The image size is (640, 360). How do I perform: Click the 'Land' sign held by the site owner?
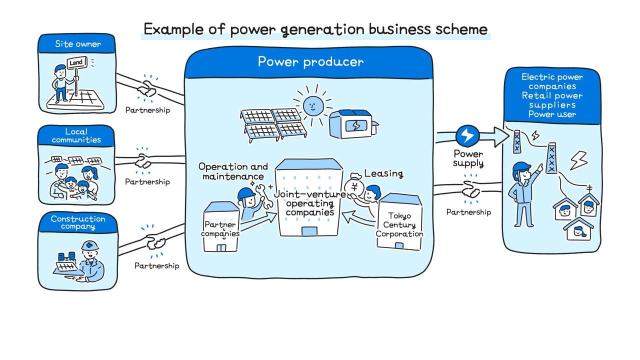click(76, 62)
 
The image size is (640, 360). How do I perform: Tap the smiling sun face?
click(313, 106)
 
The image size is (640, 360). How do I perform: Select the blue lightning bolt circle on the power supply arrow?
click(467, 135)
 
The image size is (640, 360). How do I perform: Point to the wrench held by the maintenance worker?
click(264, 195)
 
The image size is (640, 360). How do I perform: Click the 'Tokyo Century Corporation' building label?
click(399, 224)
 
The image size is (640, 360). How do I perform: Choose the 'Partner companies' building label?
click(220, 229)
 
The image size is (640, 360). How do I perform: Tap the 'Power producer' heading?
click(310, 61)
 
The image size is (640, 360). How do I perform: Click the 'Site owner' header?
click(77, 44)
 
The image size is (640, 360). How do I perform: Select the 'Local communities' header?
click(76, 135)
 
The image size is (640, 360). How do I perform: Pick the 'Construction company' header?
click(78, 222)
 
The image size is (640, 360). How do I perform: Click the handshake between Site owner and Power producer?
click(147, 88)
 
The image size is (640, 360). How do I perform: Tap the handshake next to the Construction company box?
click(156, 242)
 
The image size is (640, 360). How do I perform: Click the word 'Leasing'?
click(383, 173)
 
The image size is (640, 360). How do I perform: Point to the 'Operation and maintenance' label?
click(233, 171)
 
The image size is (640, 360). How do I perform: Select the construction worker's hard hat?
click(90, 245)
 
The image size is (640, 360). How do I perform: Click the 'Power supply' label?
click(468, 158)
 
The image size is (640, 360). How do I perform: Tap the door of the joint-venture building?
click(309, 231)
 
